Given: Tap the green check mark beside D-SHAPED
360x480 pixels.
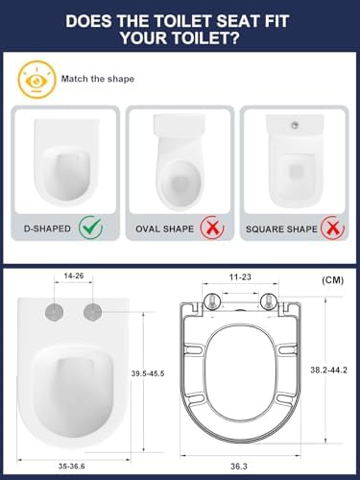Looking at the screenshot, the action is tap(91, 228).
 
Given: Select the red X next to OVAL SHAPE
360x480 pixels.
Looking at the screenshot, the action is tap(212, 228).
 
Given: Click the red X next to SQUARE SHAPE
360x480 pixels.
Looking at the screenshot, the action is tap(333, 228).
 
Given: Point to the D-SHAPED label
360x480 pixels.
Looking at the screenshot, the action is tap(47, 228).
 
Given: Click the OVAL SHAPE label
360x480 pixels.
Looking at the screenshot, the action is tap(165, 229).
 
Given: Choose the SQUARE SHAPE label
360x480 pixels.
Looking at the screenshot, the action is tap(281, 229).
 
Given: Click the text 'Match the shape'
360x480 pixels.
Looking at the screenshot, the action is tap(98, 79).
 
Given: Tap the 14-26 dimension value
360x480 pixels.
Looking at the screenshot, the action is tap(74, 276).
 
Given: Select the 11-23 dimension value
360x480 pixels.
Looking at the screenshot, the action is tap(240, 277).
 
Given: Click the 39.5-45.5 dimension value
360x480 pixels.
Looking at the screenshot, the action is tap(148, 373).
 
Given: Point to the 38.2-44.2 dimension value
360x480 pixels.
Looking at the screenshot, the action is tap(328, 370).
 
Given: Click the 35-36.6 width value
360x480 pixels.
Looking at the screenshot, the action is tap(72, 467).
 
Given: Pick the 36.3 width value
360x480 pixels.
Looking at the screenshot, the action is tap(239, 467).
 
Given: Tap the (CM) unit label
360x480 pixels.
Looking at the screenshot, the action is tap(332, 280).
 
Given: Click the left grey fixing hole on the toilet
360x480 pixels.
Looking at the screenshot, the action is tap(55, 311).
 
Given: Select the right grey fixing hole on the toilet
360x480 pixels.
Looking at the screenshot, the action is tap(93, 311).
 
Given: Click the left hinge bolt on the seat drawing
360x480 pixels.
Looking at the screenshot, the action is tap(212, 301).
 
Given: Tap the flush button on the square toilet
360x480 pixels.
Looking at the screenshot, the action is tap(295, 126).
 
